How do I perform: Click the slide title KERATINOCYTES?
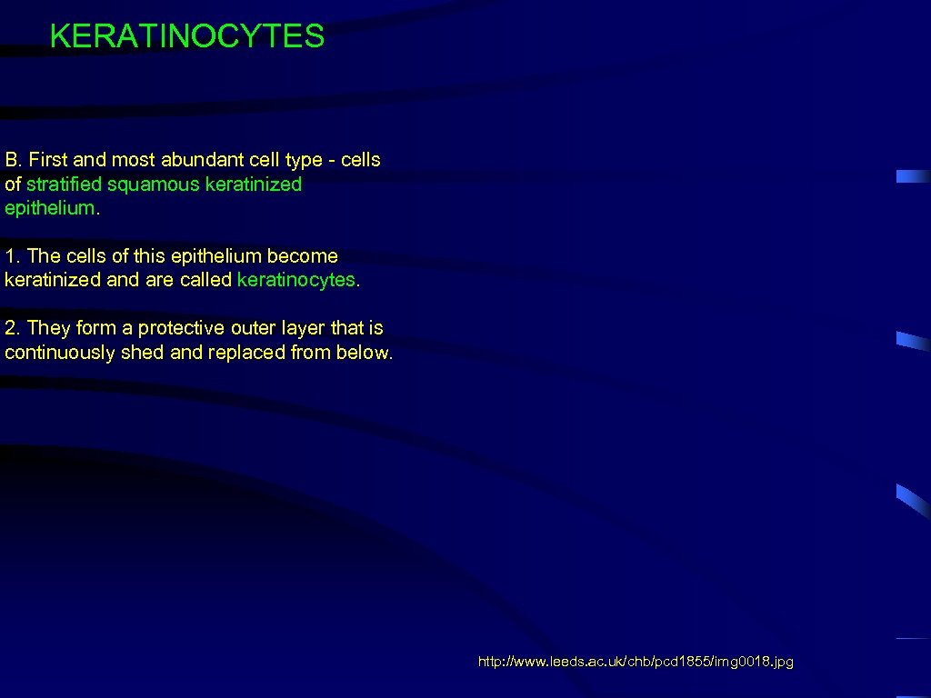coord(186,36)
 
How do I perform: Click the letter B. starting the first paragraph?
coord(13,160)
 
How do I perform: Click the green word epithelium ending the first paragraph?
coord(48,208)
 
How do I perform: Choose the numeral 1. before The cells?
coord(12,256)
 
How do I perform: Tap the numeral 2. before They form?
coord(12,328)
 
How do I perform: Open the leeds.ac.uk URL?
coord(636,663)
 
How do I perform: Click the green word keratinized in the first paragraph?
coord(253,184)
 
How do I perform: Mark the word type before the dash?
coord(304,161)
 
